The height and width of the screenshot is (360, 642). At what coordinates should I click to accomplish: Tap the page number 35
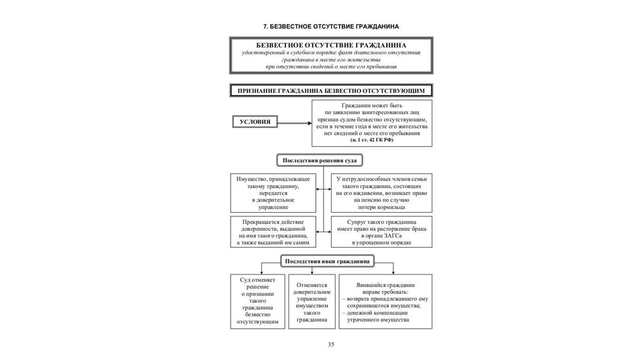click(x=330, y=345)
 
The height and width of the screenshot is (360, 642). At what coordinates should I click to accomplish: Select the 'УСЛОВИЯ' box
click(x=255, y=122)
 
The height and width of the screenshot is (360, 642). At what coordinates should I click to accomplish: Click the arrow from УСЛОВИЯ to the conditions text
click(x=295, y=122)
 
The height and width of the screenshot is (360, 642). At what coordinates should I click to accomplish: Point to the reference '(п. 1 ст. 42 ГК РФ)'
click(x=372, y=141)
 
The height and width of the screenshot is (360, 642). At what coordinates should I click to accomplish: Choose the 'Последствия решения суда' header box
click(x=320, y=161)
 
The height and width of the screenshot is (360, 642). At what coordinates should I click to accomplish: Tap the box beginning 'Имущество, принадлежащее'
click(x=273, y=193)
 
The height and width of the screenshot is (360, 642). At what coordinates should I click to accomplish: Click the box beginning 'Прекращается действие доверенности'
click(x=273, y=231)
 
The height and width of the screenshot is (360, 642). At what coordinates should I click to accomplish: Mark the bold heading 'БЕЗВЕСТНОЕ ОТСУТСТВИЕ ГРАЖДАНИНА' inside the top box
click(x=331, y=46)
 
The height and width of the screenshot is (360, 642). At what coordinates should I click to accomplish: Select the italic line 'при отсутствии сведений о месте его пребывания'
click(x=331, y=66)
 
